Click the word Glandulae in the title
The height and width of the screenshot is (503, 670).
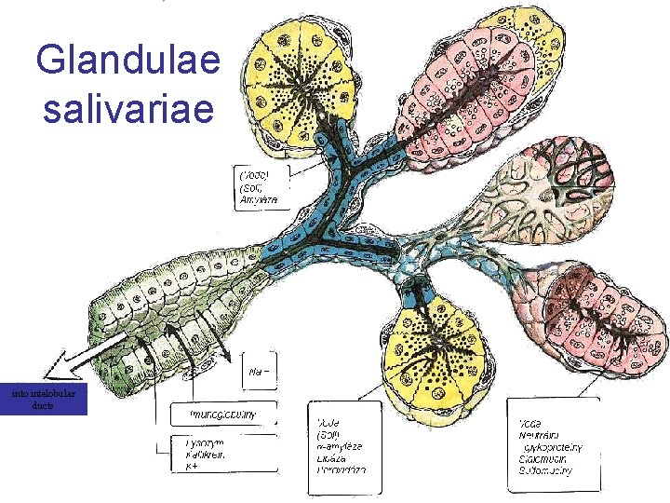point(128,61)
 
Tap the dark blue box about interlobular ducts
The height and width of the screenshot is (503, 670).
point(45,400)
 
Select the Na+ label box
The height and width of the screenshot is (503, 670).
point(260,373)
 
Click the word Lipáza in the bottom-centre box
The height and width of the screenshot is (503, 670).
point(332,457)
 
